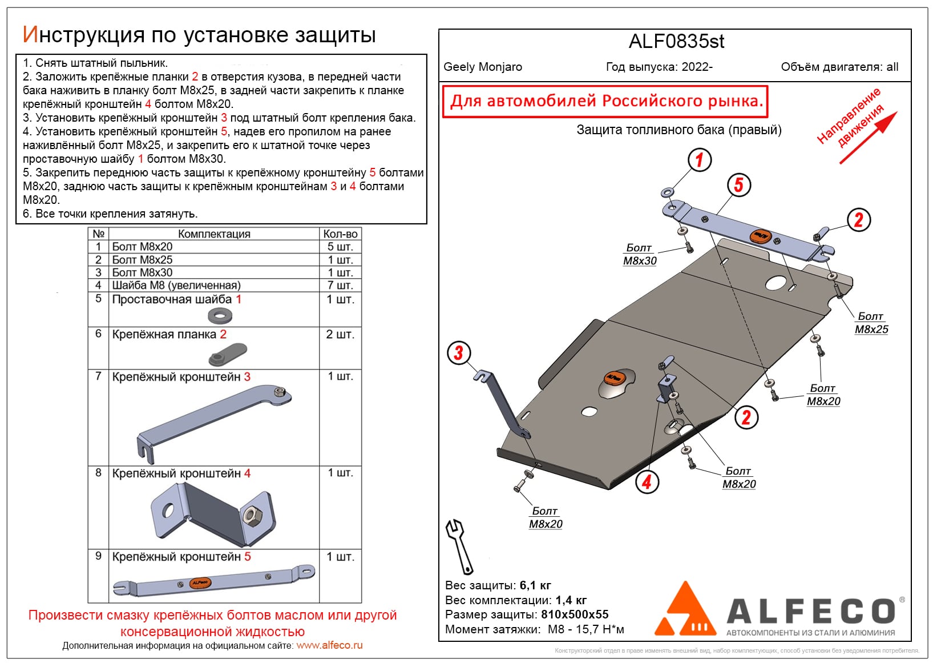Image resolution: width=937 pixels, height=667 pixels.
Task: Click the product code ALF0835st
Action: pyautogui.click(x=676, y=42)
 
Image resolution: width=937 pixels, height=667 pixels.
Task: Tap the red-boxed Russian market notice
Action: pyautogui.click(x=605, y=102)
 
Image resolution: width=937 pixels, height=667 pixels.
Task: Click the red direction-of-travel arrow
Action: pyautogui.click(x=869, y=138)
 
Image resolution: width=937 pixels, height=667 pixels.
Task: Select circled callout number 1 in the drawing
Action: pyautogui.click(x=700, y=160)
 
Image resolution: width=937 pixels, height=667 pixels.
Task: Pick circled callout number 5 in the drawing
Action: pyautogui.click(x=739, y=185)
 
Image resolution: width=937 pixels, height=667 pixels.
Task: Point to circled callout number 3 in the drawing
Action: pyautogui.click(x=459, y=353)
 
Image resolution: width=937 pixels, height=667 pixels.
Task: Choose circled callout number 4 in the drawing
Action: pyautogui.click(x=647, y=482)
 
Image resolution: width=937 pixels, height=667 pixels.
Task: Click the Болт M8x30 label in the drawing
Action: pyautogui.click(x=640, y=254)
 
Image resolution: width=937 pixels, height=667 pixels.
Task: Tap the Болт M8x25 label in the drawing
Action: pyautogui.click(x=871, y=323)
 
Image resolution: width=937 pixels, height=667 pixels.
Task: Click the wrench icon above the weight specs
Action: pyautogui.click(x=459, y=546)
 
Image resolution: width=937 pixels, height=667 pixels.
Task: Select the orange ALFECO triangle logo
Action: pyautogui.click(x=685, y=611)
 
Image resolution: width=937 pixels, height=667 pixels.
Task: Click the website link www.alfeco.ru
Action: pyautogui.click(x=329, y=645)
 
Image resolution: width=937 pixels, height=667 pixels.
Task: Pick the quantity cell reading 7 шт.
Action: pyautogui.click(x=340, y=285)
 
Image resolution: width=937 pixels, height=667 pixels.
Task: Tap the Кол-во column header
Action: pyautogui.click(x=340, y=234)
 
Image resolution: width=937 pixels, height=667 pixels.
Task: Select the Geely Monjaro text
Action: pyautogui.click(x=483, y=67)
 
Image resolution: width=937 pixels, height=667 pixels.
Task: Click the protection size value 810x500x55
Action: pyautogui.click(x=575, y=614)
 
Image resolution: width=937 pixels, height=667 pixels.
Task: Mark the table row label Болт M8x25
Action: pyautogui.click(x=142, y=259)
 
